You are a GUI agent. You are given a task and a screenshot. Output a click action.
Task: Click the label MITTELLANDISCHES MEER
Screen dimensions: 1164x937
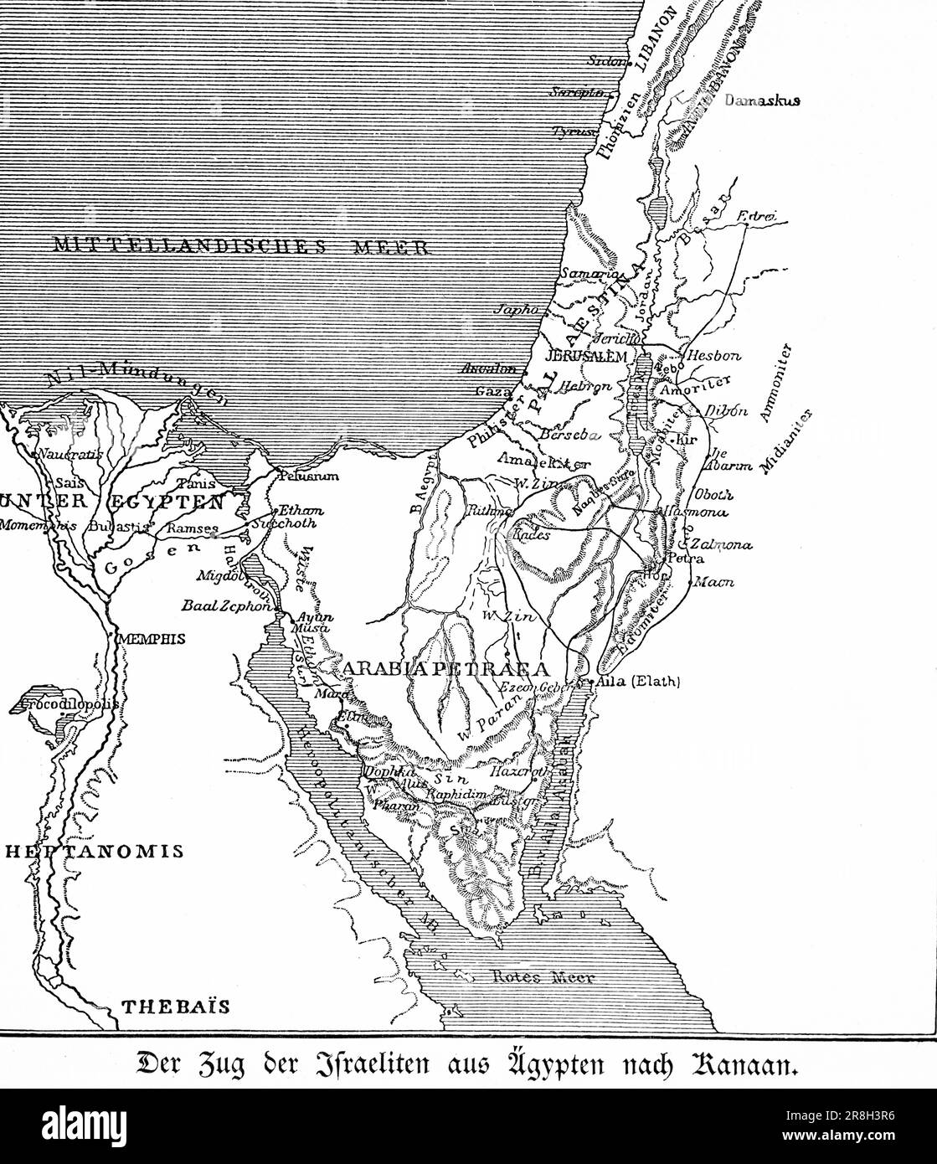241,245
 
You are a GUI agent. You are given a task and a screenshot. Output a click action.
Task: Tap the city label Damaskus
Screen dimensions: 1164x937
763,100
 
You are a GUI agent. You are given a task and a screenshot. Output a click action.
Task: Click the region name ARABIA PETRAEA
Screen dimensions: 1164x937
445,668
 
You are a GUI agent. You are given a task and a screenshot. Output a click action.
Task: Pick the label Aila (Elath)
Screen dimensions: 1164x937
637,682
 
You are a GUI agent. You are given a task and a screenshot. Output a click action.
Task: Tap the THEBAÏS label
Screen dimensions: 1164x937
176,1007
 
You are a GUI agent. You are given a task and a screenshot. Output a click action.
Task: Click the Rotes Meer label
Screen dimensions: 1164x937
543,977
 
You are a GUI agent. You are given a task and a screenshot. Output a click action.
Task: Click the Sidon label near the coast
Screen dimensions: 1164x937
606,60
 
